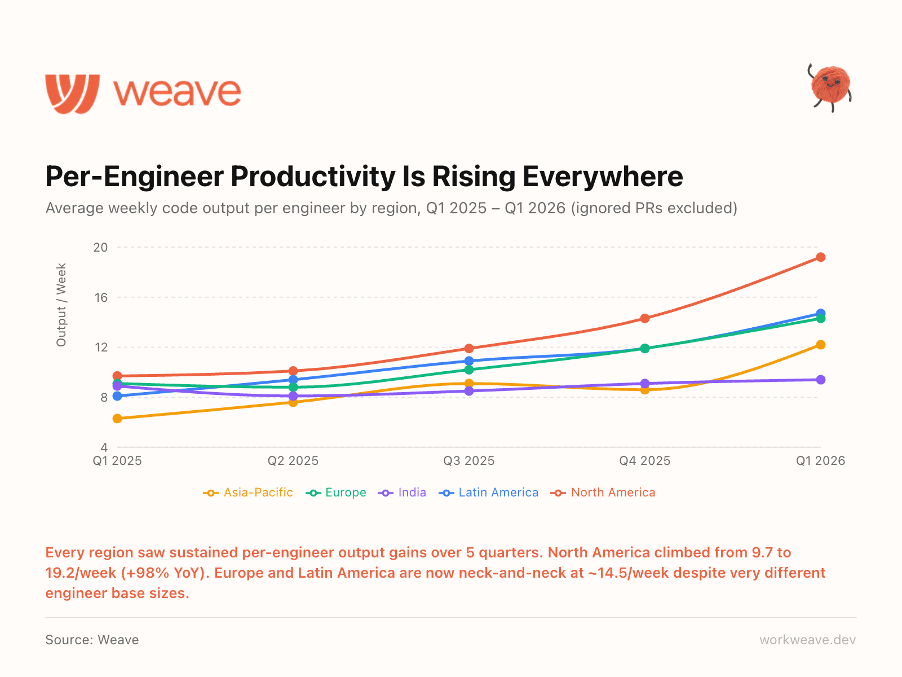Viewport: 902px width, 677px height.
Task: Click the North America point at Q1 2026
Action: click(820, 257)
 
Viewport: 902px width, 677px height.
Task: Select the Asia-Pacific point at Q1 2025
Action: click(117, 419)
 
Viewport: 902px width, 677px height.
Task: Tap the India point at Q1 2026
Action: click(820, 380)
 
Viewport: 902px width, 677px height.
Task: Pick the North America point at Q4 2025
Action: click(644, 318)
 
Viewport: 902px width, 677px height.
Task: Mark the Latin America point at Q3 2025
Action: click(469, 361)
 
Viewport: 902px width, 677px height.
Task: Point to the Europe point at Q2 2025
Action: click(293, 387)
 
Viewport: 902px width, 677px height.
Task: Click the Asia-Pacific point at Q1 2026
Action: click(820, 345)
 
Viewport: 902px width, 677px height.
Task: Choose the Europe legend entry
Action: click(336, 493)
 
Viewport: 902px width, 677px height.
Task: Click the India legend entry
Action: click(403, 493)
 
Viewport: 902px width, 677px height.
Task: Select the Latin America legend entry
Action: click(488, 493)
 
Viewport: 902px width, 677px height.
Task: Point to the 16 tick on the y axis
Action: click(101, 297)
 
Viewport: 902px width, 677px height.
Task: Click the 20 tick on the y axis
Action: click(101, 247)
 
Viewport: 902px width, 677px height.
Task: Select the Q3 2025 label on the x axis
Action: click(469, 461)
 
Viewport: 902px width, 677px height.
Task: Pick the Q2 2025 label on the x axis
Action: click(293, 461)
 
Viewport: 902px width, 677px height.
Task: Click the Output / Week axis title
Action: click(61, 305)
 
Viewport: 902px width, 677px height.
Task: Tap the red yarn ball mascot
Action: click(830, 86)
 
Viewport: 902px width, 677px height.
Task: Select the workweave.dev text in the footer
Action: click(807, 640)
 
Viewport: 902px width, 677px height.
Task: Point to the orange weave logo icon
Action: click(73, 93)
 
